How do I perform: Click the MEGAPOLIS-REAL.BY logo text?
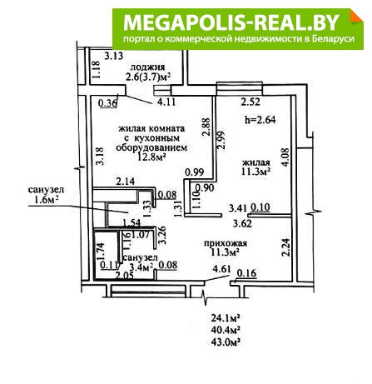point(231,22)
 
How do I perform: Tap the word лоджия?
point(147,67)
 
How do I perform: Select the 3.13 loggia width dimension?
point(114,56)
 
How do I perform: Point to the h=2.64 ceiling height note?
point(260,120)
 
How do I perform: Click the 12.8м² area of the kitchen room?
point(151,157)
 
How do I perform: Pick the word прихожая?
point(226,243)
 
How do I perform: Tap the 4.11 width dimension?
point(166,102)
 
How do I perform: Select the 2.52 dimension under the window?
point(250,102)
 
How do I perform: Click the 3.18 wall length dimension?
point(100,157)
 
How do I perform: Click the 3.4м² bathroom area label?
point(141,267)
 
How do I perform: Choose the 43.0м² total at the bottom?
point(226,342)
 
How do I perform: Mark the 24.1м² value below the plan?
point(226,317)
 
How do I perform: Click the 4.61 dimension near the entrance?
point(221,269)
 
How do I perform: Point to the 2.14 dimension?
point(126,182)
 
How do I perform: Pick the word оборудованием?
point(151,147)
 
